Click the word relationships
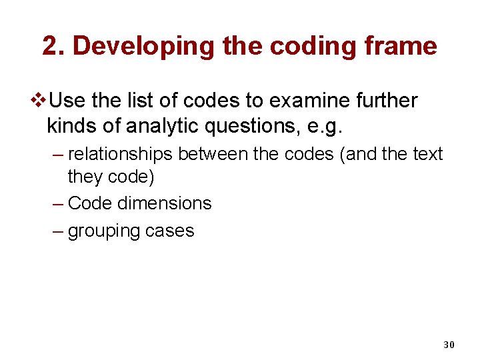[x=120, y=154]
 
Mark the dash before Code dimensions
[x=57, y=203]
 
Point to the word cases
[x=172, y=231]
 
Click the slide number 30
[x=449, y=345]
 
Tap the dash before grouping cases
[x=57, y=231]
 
